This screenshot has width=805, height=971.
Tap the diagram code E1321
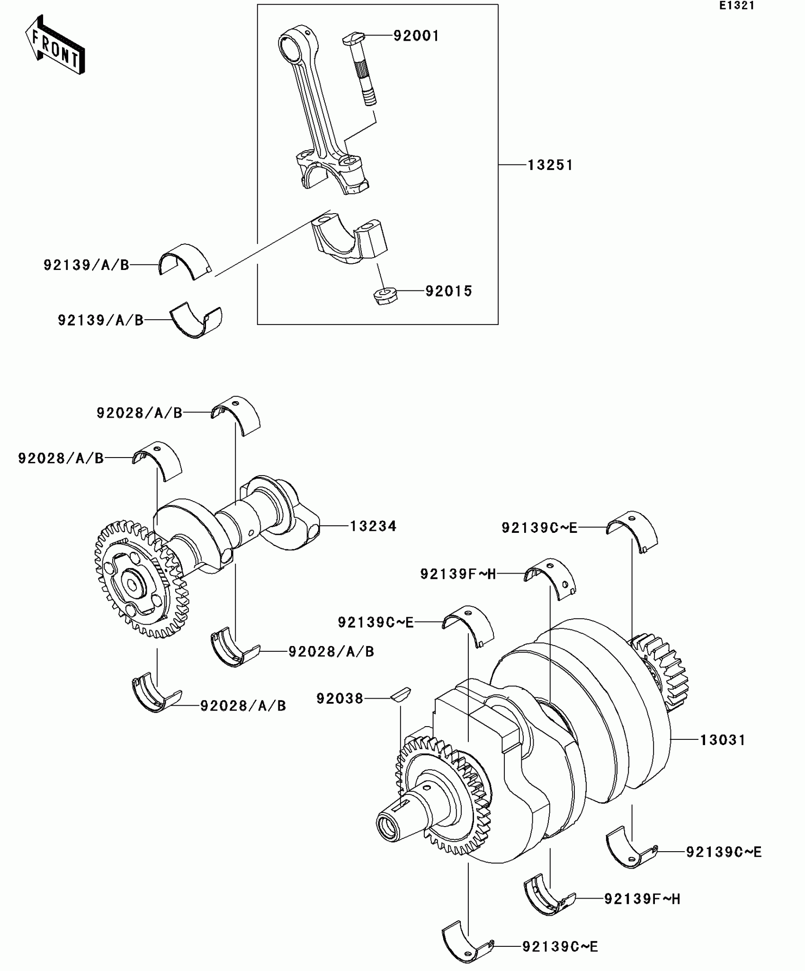pyautogui.click(x=737, y=6)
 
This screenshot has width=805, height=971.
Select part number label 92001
pyautogui.click(x=416, y=36)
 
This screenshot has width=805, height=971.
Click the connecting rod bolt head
pyautogui.click(x=353, y=38)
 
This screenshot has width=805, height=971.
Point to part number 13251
pyautogui.click(x=550, y=165)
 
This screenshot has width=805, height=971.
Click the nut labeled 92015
pyautogui.click(x=385, y=296)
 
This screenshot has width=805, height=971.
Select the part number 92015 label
pyautogui.click(x=448, y=291)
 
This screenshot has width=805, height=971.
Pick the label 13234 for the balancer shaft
pyautogui.click(x=373, y=526)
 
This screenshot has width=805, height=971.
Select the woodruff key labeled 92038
pyautogui.click(x=401, y=694)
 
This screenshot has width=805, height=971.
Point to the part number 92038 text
pyautogui.click(x=340, y=698)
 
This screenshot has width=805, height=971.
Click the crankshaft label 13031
pyautogui.click(x=723, y=740)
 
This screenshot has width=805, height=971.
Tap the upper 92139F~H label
pyautogui.click(x=458, y=574)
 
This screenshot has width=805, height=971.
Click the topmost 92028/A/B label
pyautogui.click(x=139, y=413)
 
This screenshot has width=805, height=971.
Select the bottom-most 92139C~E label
pyautogui.click(x=560, y=946)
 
